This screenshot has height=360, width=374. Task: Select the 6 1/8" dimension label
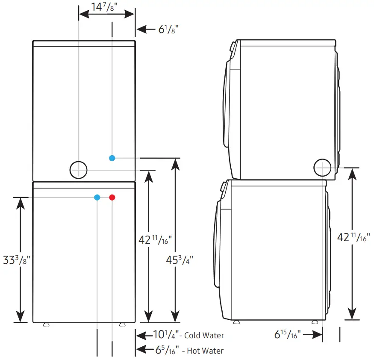pos(168,30)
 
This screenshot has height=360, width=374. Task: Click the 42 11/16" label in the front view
pos(155,240)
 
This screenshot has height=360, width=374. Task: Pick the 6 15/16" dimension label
pos(288,334)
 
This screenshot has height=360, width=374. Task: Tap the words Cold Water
pos(204,336)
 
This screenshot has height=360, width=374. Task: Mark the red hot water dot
pos(112,197)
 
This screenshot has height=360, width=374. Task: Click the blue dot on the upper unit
pos(112,158)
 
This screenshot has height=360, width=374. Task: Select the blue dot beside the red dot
pos(97,197)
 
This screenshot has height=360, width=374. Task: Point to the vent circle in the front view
pos(79,170)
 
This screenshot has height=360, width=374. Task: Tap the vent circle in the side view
pos(322,168)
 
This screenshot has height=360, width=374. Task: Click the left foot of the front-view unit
pos(46,325)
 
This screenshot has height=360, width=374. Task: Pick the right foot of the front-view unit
pos(123,325)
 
